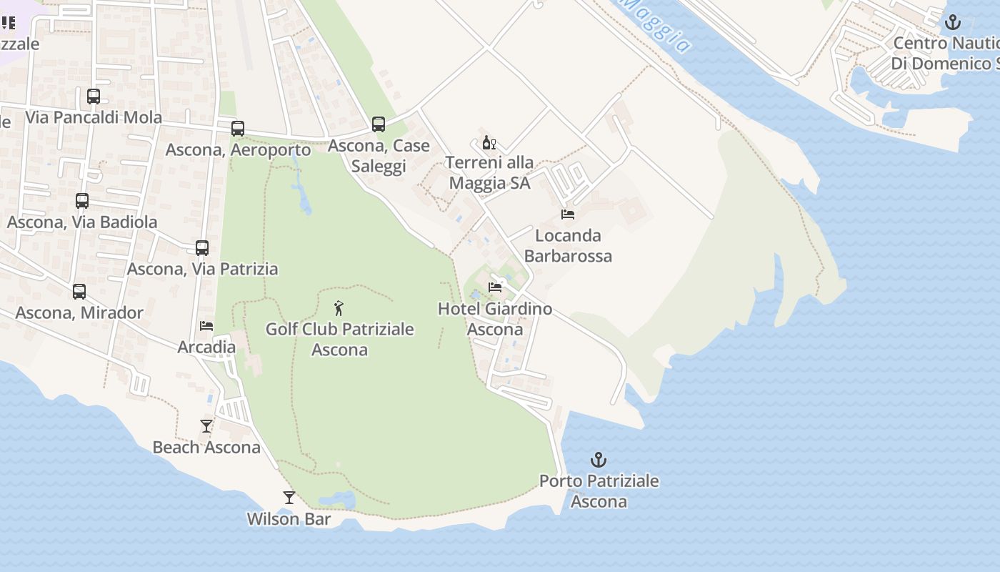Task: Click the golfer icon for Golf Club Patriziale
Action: tap(339, 309)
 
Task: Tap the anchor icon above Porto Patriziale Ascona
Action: tap(599, 460)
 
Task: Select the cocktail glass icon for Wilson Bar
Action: tap(289, 498)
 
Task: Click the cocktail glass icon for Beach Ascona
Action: tap(206, 426)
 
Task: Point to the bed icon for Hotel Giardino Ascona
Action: tap(495, 287)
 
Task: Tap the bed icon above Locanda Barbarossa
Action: tap(568, 214)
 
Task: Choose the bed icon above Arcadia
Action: tap(206, 325)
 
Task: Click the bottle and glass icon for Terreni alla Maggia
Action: tap(489, 143)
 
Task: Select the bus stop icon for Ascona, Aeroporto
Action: tap(238, 129)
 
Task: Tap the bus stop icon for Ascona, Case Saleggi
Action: tap(379, 124)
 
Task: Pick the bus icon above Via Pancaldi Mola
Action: tap(94, 96)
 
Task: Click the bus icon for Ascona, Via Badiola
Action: tap(82, 201)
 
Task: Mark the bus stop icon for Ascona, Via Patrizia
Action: tap(202, 248)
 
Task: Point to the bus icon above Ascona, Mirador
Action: tap(79, 292)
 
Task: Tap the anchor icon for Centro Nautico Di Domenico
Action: tap(953, 22)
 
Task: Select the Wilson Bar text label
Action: tap(289, 519)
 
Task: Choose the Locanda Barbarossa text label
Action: tap(568, 245)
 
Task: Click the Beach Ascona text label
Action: tap(206, 448)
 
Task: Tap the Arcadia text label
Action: tap(206, 347)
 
